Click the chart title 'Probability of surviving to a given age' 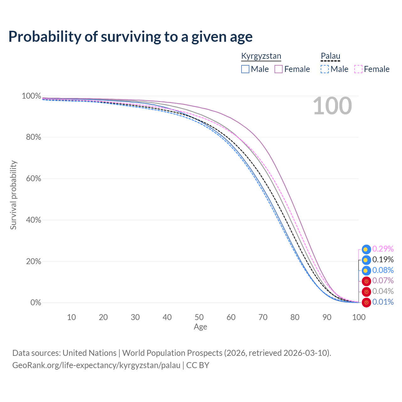click(130, 37)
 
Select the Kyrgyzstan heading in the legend click(261, 56)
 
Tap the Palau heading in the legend click(330, 56)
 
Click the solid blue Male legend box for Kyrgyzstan click(245, 69)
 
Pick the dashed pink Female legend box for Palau click(358, 69)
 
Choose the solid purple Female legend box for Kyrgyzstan click(278, 69)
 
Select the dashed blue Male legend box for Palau click(325, 69)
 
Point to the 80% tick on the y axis click(33, 137)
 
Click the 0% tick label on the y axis click(36, 302)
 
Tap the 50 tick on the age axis click(199, 317)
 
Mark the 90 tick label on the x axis click(327, 317)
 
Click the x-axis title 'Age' click(200, 327)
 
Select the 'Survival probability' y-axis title click(14, 195)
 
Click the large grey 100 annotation click(332, 106)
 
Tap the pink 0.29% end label click(383, 249)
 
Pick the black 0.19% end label click(383, 259)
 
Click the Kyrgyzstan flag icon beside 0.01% click(366, 302)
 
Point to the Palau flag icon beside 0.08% click(366, 271)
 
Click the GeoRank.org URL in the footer click(96, 365)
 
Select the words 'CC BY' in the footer click(198, 365)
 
